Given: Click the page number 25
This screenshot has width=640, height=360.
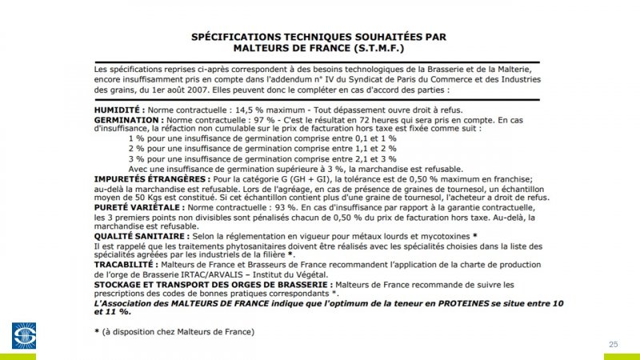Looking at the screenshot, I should tap(614, 344).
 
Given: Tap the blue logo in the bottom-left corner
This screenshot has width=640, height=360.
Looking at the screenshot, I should tap(23, 335).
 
